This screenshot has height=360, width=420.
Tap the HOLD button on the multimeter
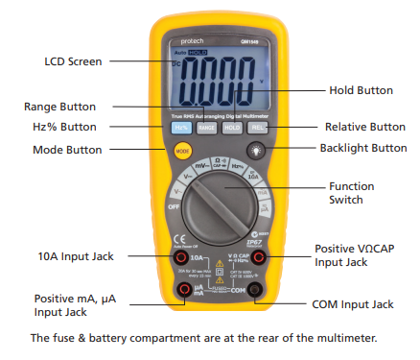click(x=231, y=127)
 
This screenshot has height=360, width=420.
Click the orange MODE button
click(x=182, y=150)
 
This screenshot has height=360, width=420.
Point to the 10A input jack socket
click(x=179, y=258)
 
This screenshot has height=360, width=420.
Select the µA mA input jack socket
click(x=182, y=290)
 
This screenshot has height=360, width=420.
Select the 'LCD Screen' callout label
click(x=72, y=61)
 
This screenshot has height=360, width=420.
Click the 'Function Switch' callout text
click(x=351, y=193)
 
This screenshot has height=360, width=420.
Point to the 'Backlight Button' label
click(x=363, y=148)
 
